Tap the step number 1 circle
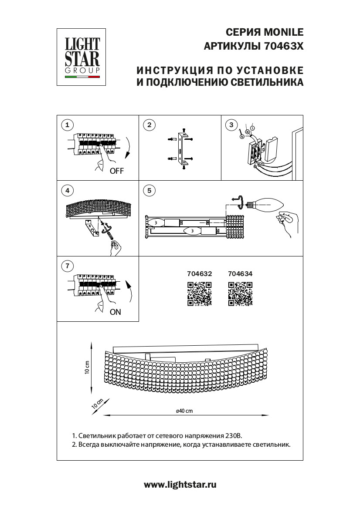tap(67, 125)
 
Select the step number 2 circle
tap(149, 125)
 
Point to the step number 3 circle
tap(231, 125)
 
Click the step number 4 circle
tap(67, 190)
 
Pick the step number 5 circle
tap(149, 190)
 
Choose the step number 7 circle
tap(67, 266)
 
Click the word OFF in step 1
tap(117, 171)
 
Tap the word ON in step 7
tap(115, 312)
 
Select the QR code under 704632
tap(199, 293)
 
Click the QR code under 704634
tap(240, 293)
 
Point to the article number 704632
tap(199, 274)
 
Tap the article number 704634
tap(240, 274)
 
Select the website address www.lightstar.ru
tap(180, 485)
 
